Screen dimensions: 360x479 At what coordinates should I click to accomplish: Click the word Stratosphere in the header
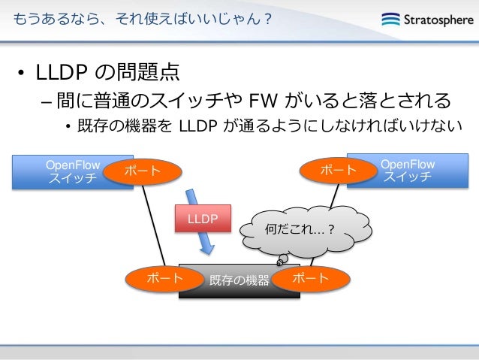click(435, 20)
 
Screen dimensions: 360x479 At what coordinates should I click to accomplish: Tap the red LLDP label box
click(203, 219)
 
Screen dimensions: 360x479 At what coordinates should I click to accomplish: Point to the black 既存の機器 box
click(239, 281)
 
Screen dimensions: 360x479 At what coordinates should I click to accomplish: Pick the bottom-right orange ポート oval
click(310, 279)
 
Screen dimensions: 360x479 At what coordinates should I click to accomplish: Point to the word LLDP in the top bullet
click(60, 74)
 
